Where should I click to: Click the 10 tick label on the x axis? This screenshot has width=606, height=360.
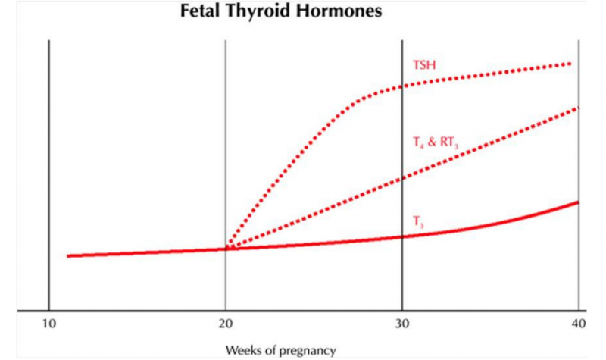point(48,324)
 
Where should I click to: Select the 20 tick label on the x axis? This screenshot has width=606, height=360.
point(225,324)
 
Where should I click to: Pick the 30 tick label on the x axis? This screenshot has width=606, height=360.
point(401,324)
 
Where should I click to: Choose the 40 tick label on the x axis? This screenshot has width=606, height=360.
point(579,324)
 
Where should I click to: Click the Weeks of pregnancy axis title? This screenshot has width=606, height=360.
point(280,349)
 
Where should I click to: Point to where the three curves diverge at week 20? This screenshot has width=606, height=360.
point(226,249)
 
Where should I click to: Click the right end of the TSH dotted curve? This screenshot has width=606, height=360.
point(570,64)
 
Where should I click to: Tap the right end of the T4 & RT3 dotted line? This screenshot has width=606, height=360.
point(577,108)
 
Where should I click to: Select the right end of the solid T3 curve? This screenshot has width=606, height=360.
point(578,202)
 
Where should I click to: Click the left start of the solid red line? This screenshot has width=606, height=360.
point(68,256)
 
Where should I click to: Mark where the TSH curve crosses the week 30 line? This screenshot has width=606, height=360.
point(401,86)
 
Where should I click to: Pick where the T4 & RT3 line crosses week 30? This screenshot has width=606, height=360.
point(401,177)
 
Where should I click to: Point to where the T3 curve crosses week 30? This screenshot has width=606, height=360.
point(401,236)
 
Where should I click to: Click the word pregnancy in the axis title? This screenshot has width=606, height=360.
point(307,350)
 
